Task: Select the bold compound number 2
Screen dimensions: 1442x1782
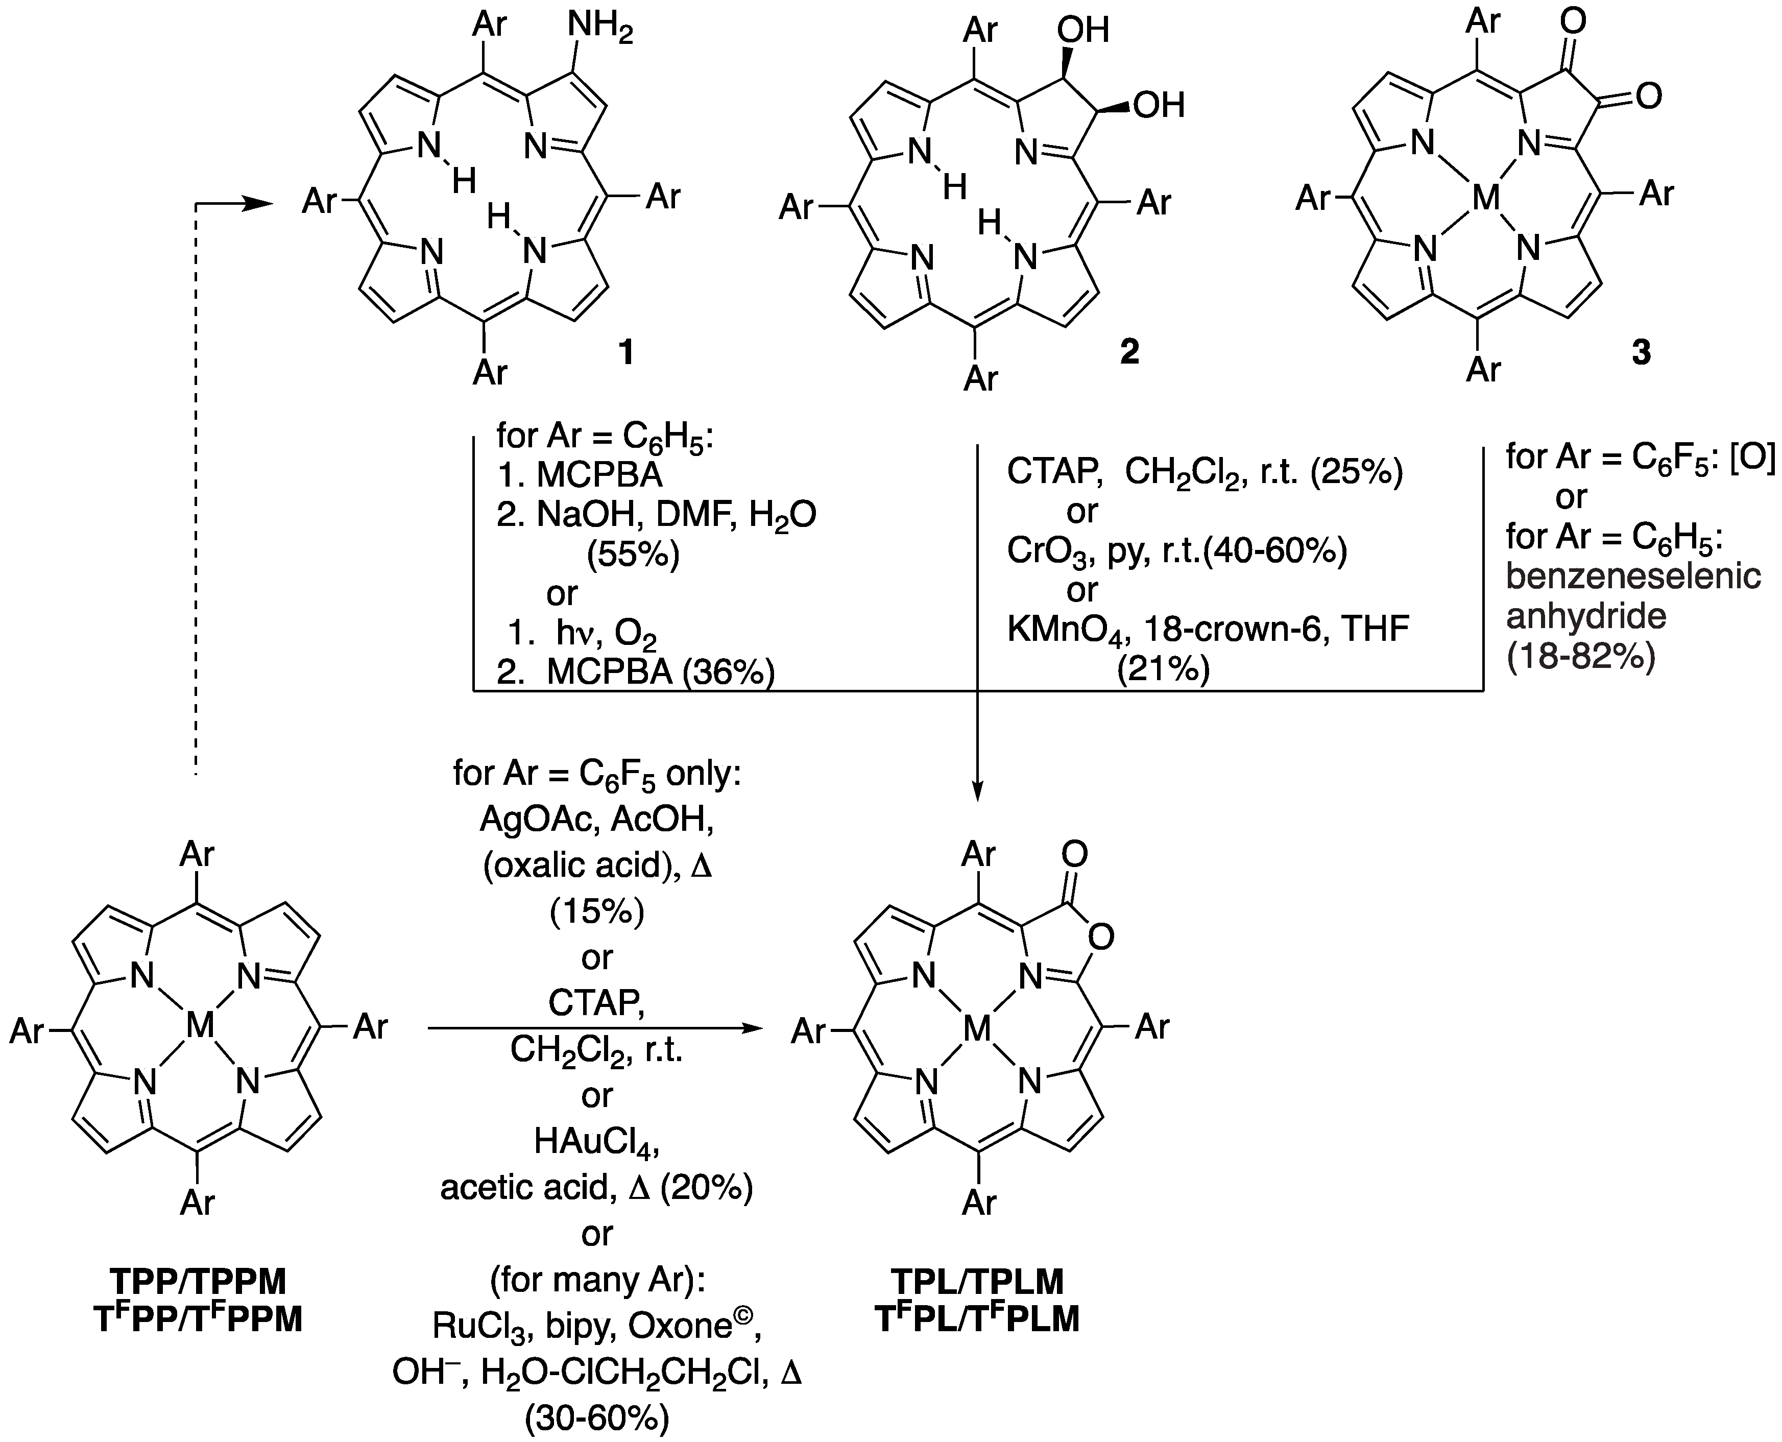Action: [x=1128, y=352]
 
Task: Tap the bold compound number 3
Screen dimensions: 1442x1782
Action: [x=1641, y=353]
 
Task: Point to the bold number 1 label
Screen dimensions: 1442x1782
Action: [x=625, y=352]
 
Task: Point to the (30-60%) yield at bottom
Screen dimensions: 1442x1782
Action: [x=596, y=1419]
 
